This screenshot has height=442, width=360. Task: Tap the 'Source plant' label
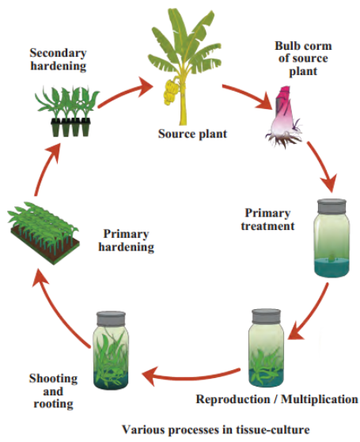tap(192, 134)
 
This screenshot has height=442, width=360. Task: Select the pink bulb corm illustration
tap(283, 117)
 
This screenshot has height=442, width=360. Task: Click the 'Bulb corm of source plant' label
tap(303, 59)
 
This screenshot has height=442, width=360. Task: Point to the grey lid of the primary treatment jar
tap(332, 206)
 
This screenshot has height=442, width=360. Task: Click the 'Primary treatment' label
tap(267, 220)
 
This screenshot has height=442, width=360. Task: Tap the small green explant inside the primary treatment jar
tap(332, 256)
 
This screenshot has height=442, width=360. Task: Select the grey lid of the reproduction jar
tap(266, 316)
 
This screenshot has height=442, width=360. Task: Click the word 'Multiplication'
tap(320, 399)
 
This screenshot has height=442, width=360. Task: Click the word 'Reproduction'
tap(233, 399)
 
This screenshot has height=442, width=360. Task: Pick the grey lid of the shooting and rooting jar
tap(111, 319)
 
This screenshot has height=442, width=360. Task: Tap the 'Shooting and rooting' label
tap(53, 391)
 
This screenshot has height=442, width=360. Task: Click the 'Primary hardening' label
tap(126, 240)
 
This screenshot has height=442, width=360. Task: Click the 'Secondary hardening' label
tap(58, 59)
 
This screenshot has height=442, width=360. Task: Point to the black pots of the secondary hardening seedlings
tap(70, 127)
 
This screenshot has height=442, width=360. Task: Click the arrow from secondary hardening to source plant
tap(124, 93)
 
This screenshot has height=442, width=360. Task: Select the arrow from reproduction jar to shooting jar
tap(191, 376)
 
